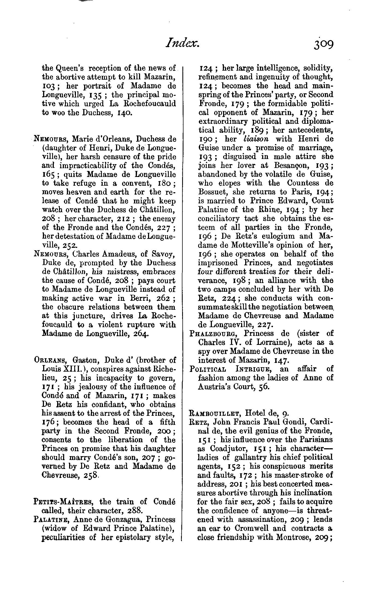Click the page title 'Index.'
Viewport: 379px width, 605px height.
click(x=182, y=44)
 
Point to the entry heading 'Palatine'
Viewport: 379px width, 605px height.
click(x=52, y=519)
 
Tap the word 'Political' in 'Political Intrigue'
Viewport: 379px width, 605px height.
click(x=208, y=369)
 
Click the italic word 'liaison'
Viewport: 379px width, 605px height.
click(x=256, y=139)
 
